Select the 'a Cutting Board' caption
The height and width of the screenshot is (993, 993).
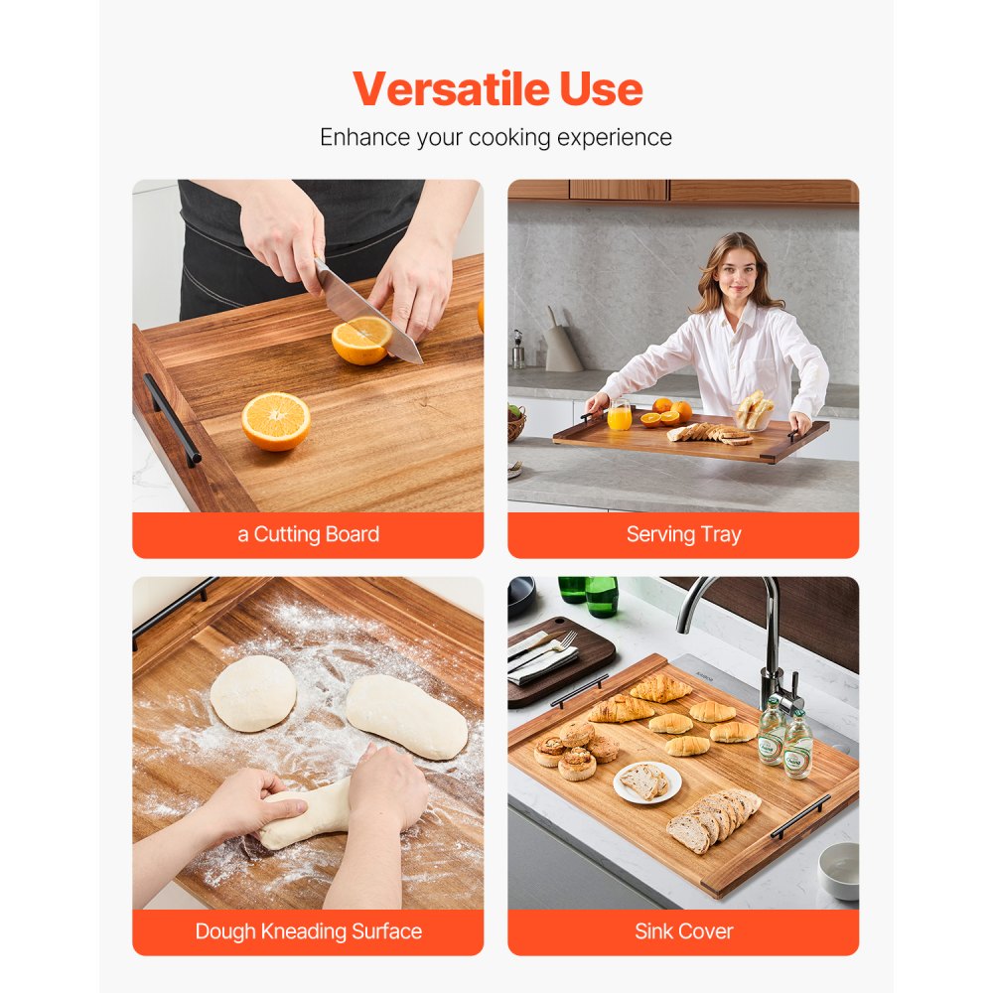308,534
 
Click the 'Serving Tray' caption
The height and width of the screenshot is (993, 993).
683,534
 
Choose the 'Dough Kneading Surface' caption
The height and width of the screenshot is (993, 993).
308,931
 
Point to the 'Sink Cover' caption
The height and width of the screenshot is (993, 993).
683,931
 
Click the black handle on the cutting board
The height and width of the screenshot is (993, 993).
172,418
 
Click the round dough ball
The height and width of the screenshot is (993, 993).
252,693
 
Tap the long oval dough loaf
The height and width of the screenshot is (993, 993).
406,717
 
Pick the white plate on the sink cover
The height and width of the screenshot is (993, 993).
647,781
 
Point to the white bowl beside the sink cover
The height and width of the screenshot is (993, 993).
839,871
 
